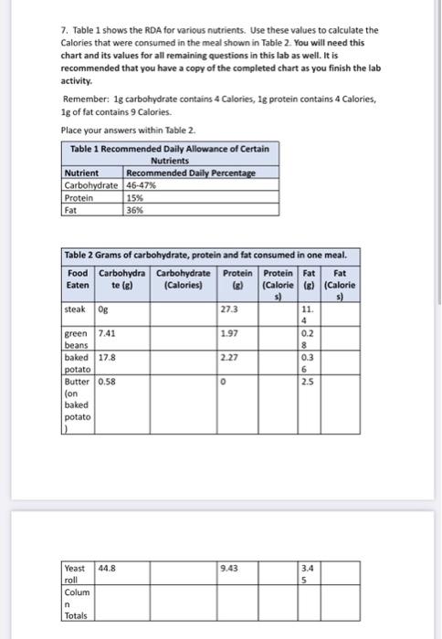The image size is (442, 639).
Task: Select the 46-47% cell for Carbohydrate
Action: click(x=142, y=184)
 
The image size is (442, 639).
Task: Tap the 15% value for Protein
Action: click(x=135, y=196)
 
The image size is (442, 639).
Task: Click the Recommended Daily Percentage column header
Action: click(x=191, y=173)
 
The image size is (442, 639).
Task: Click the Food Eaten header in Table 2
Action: click(x=78, y=278)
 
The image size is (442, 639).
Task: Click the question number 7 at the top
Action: click(x=64, y=30)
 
